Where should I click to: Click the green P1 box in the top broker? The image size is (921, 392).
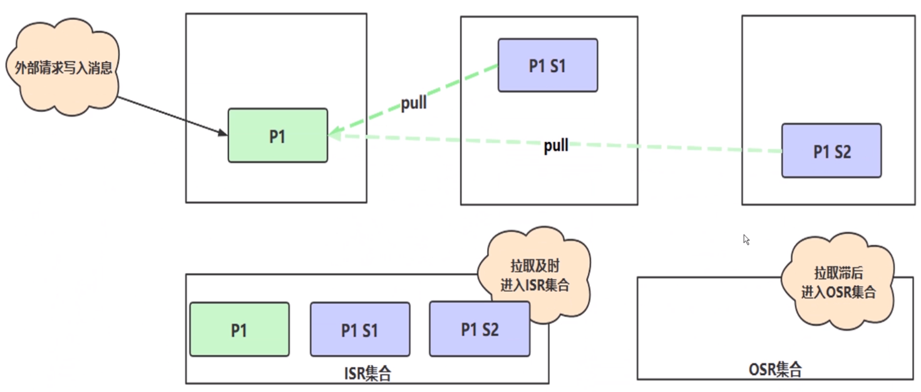[277, 136]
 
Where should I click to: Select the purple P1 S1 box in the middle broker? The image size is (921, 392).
[547, 66]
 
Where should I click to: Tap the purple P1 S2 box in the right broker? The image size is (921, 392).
[831, 151]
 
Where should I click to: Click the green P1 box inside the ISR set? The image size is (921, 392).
[239, 329]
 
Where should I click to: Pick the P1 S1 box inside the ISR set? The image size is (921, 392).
[359, 329]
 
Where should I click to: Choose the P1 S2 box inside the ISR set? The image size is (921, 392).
[479, 328]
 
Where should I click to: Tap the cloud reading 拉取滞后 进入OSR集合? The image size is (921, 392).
[838, 282]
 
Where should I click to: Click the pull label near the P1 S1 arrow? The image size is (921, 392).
[413, 103]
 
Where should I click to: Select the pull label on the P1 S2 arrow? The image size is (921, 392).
[556, 146]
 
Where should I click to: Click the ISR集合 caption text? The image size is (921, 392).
[368, 374]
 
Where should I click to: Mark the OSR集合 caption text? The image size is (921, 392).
[775, 369]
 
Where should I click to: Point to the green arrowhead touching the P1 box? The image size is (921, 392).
[333, 134]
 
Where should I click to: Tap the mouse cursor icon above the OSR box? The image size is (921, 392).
[746, 239]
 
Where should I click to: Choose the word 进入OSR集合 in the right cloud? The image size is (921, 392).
[838, 292]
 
